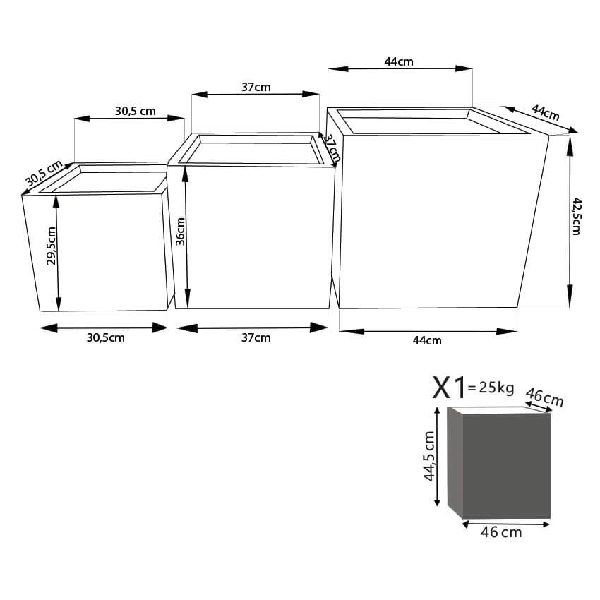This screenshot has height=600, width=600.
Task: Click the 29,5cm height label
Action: pos(52,246)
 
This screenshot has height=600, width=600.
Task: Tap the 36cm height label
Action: pos(180,231)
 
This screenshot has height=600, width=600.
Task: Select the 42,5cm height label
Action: pos(576,216)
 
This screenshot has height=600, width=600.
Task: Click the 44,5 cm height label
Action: pos(429,456)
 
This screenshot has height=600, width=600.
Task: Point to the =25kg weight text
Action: pos(491,388)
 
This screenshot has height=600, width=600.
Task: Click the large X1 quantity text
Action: pos(449,388)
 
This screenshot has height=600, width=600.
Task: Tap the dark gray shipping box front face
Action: pos(506,467)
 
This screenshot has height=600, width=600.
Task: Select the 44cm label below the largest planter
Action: pos(427,340)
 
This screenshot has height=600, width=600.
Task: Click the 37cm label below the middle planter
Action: pos(256,337)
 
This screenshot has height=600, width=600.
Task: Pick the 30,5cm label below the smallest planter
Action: pos(106,337)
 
